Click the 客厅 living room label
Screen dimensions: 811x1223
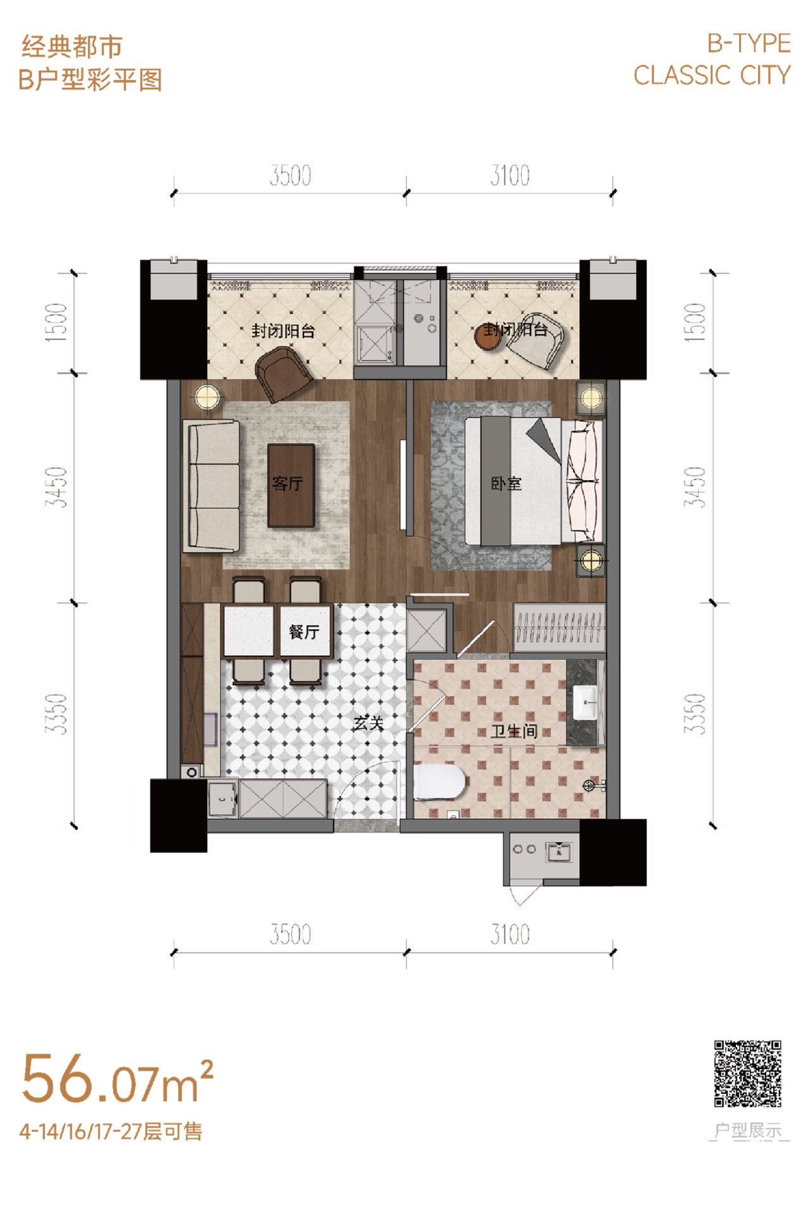(x=287, y=484)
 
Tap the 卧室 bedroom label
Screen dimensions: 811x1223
(x=507, y=484)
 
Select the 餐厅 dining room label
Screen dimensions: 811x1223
(x=304, y=631)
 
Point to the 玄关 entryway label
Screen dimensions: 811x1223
(x=368, y=722)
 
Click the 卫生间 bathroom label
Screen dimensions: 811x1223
(x=514, y=731)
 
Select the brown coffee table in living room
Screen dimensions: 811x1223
(x=291, y=485)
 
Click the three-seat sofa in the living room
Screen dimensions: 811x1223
(x=212, y=486)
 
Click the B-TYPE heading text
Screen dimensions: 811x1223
(x=748, y=43)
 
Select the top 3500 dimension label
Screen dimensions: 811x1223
(x=291, y=176)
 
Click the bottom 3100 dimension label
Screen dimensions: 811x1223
(x=510, y=934)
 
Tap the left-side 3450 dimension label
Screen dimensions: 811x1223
(x=56, y=487)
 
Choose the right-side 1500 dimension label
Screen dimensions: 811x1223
(x=695, y=323)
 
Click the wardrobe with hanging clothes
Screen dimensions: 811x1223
(x=559, y=627)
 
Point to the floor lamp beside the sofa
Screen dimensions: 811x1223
(x=205, y=397)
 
